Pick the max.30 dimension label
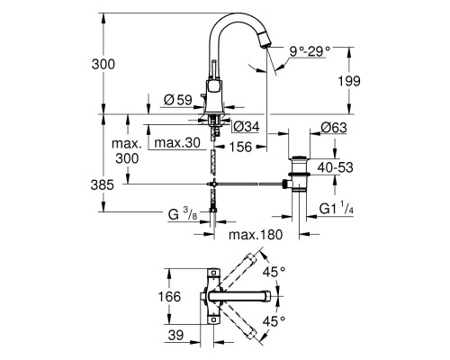pos(175,142)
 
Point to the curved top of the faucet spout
pos(236,20)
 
